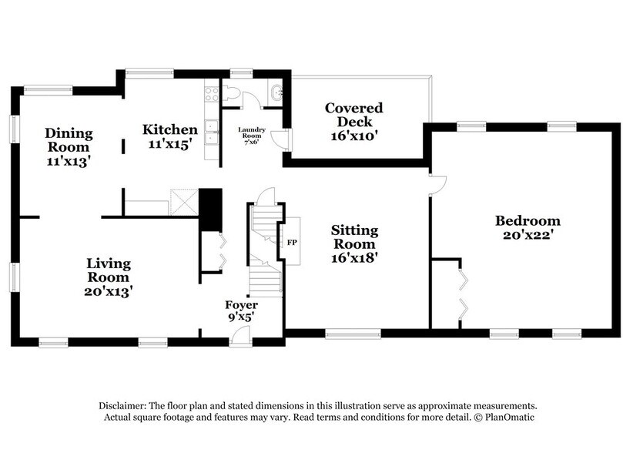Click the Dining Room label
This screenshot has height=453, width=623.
[x=69, y=139]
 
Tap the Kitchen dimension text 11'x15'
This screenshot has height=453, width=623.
[x=169, y=143]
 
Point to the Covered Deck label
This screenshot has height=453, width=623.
[x=353, y=115]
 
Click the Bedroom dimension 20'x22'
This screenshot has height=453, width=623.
[x=527, y=236]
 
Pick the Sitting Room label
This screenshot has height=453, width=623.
[x=354, y=237]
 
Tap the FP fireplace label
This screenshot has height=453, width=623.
[x=292, y=243]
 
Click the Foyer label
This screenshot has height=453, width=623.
[x=241, y=305]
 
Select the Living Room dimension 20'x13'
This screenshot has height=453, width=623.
[x=108, y=291]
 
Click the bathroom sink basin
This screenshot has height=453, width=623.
[x=276, y=95]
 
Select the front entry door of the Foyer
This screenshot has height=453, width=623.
[x=240, y=335]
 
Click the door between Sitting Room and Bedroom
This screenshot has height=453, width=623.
[x=437, y=183]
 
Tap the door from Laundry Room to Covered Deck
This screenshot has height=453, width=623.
[x=285, y=139]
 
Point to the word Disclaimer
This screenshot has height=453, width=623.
[x=122, y=405]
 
